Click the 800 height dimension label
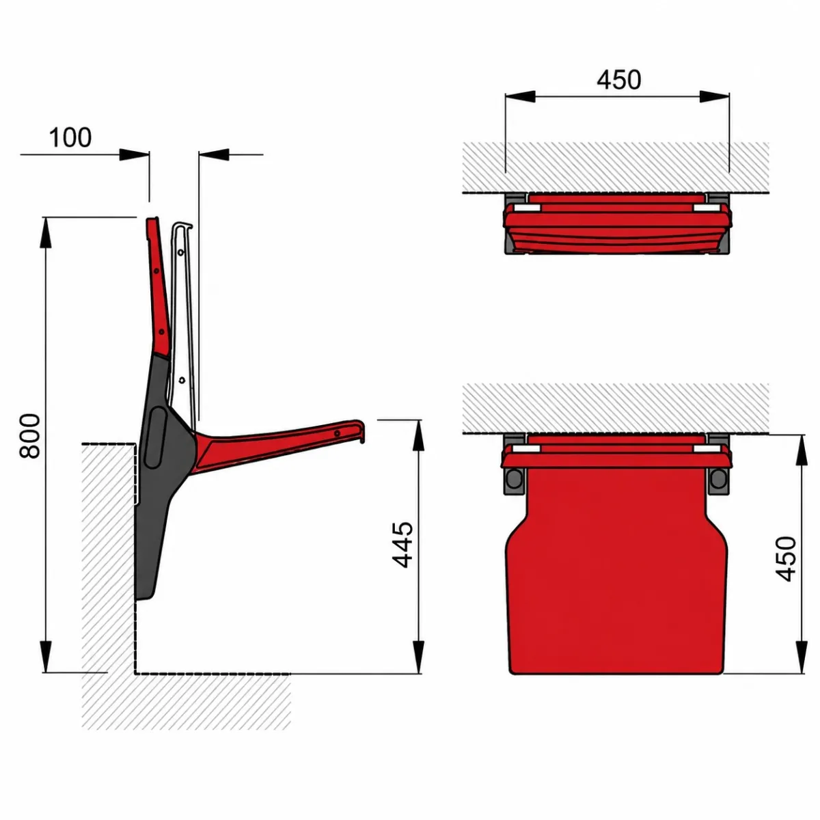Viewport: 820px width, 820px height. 30,435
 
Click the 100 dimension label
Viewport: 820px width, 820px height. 70,137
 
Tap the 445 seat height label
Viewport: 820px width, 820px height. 402,545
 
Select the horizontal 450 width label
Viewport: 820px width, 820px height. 618,79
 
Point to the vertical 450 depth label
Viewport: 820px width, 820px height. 786,559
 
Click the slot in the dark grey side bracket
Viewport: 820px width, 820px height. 156,437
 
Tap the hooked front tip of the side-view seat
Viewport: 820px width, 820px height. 361,430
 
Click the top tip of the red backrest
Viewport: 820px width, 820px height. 152,219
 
